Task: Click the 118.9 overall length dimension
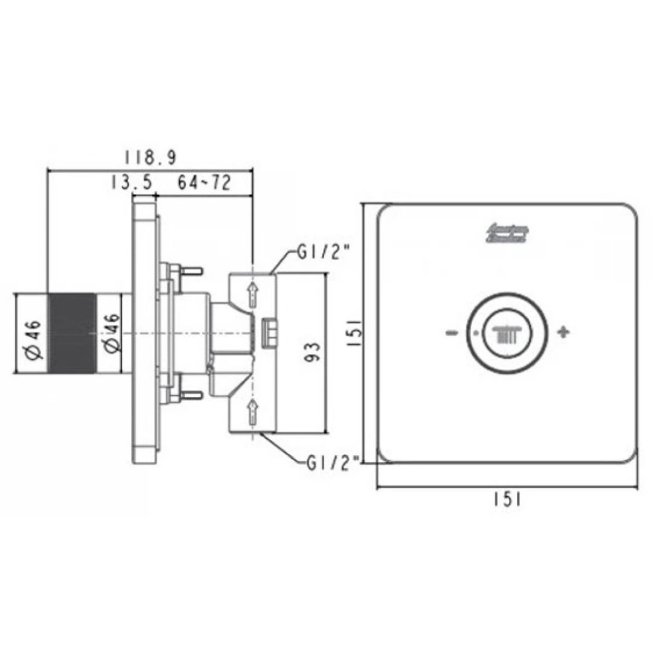click(150, 158)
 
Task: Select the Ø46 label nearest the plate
click(110, 333)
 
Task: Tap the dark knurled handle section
click(71, 333)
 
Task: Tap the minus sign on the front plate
click(451, 333)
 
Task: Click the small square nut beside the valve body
click(269, 333)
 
